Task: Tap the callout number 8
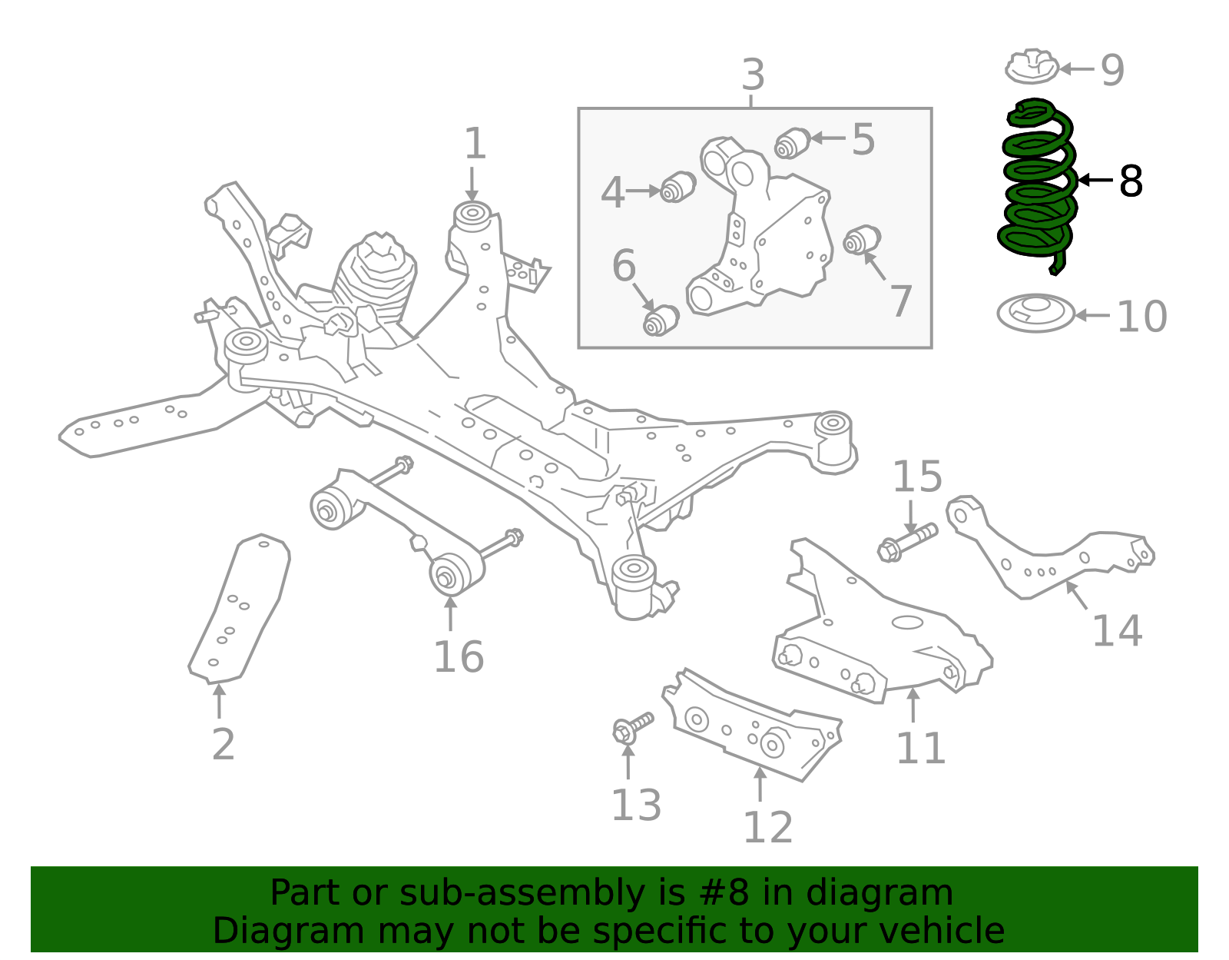point(1131,182)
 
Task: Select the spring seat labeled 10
point(1035,314)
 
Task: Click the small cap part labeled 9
point(1032,68)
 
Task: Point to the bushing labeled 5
point(792,143)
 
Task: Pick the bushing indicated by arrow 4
point(678,187)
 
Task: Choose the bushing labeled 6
point(661,320)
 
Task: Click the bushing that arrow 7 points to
point(862,240)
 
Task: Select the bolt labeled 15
point(907,541)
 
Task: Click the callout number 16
point(459,657)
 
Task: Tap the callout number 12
point(767,828)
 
